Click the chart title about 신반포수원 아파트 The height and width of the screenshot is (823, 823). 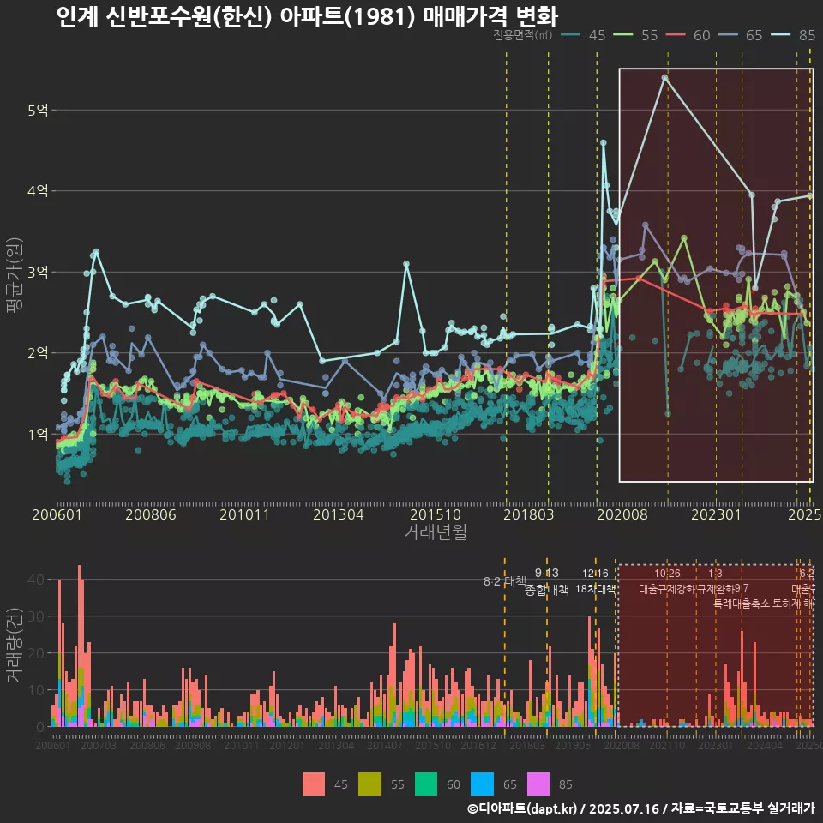(x=306, y=16)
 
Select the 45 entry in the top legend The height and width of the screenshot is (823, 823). (x=586, y=35)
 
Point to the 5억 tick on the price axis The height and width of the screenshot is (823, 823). (x=38, y=111)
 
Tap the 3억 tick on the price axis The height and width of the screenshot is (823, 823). (x=38, y=273)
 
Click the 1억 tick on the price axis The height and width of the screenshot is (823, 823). (x=38, y=435)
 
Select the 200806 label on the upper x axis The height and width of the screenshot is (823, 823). (x=151, y=515)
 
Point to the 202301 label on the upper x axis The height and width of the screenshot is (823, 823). (x=716, y=515)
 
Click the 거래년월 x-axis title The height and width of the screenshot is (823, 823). (x=435, y=532)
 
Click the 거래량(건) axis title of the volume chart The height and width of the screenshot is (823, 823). (x=14, y=646)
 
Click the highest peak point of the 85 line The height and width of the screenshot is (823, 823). (x=664, y=77)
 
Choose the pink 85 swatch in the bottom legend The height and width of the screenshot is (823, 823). (x=537, y=784)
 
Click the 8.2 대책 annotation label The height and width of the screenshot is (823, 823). (x=504, y=581)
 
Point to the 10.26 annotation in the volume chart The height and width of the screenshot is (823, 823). (x=667, y=573)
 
